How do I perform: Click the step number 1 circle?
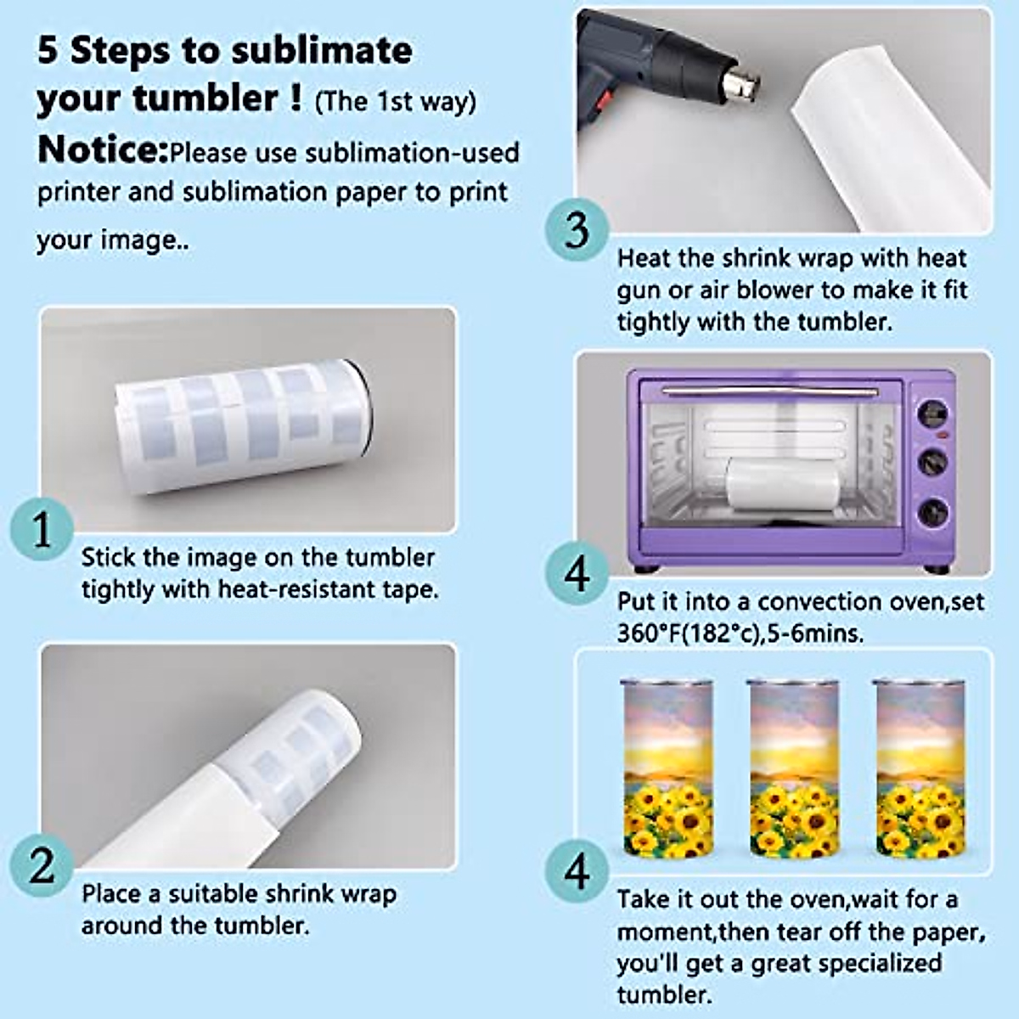point(42,529)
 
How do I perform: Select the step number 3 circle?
point(577,229)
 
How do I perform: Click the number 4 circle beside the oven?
point(577,576)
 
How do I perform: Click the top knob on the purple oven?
point(932,412)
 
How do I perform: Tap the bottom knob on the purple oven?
point(932,511)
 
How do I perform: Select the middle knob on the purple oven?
point(932,462)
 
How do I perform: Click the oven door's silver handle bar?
point(770,391)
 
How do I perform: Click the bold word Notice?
point(103,149)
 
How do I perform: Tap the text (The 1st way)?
point(395,102)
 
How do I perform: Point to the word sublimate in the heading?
point(322,51)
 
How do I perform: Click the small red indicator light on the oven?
point(942,436)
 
